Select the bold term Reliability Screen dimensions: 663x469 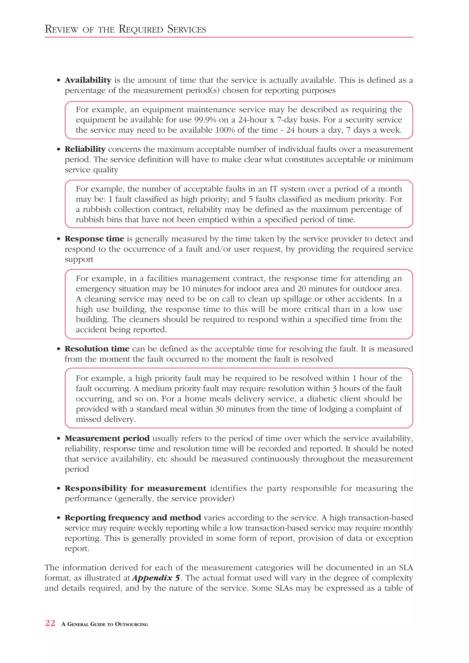(x=85, y=149)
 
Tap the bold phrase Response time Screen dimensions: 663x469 (x=94, y=239)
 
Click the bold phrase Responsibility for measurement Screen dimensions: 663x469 (x=135, y=488)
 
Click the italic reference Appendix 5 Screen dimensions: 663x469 (x=156, y=578)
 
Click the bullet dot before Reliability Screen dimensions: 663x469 (x=59, y=149)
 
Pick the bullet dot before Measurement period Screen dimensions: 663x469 (x=59, y=439)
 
